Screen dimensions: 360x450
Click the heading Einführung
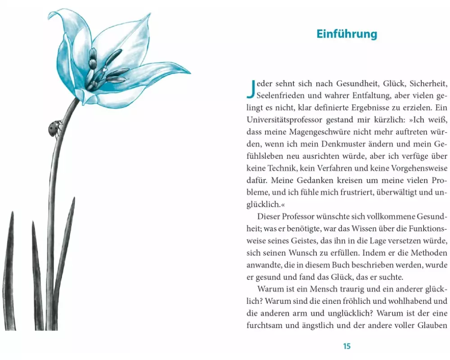346,35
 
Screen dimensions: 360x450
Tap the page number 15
346,346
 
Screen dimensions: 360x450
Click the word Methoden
425,252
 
